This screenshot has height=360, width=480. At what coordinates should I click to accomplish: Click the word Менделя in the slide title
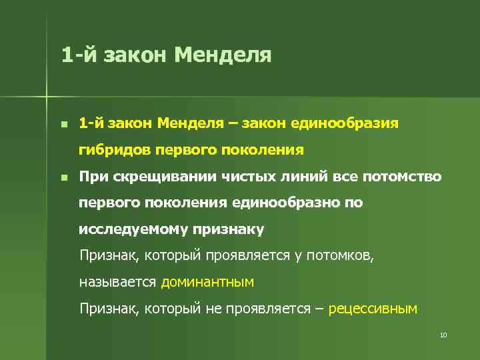pyautogui.click(x=223, y=54)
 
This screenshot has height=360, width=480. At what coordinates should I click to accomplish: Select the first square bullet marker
pyautogui.click(x=63, y=125)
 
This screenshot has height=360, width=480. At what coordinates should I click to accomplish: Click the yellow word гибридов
pyautogui.click(x=115, y=150)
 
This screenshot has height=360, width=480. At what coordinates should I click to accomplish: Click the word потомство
pyautogui.click(x=402, y=177)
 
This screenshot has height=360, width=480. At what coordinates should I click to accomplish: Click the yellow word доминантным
pyautogui.click(x=207, y=282)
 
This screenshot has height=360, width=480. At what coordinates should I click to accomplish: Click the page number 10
pyautogui.click(x=443, y=335)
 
